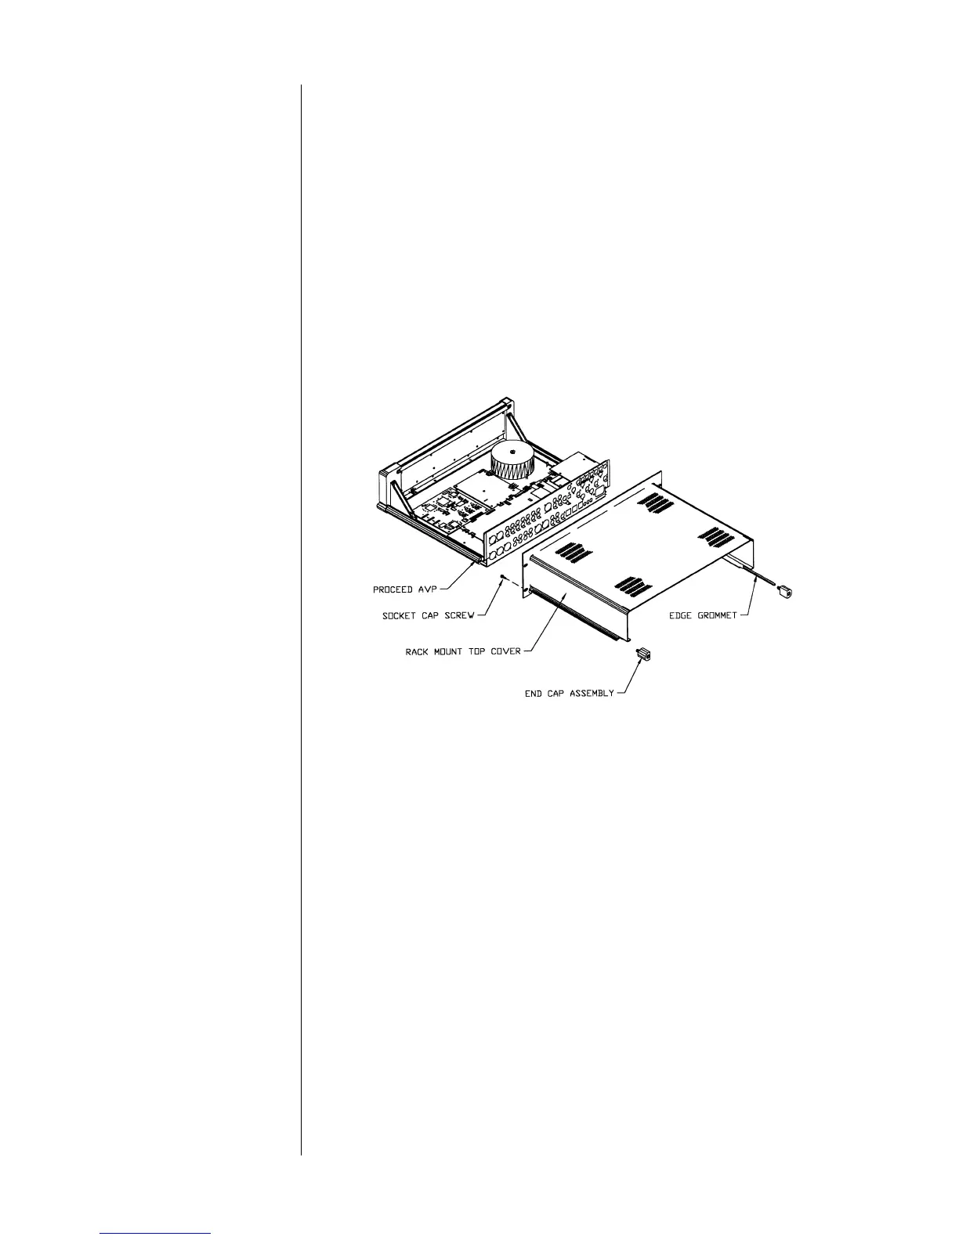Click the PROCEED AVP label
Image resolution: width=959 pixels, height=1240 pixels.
(404, 589)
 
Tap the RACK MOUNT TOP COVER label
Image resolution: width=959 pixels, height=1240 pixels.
(463, 651)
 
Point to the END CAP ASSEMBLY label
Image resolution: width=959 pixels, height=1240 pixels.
(569, 694)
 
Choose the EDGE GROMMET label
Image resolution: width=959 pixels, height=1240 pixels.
(703, 615)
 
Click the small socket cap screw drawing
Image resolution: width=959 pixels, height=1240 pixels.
(501, 579)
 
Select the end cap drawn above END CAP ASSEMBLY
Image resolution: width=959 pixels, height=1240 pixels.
(644, 654)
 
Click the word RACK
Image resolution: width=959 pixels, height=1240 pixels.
(418, 651)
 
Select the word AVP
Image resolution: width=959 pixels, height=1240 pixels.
(425, 589)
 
